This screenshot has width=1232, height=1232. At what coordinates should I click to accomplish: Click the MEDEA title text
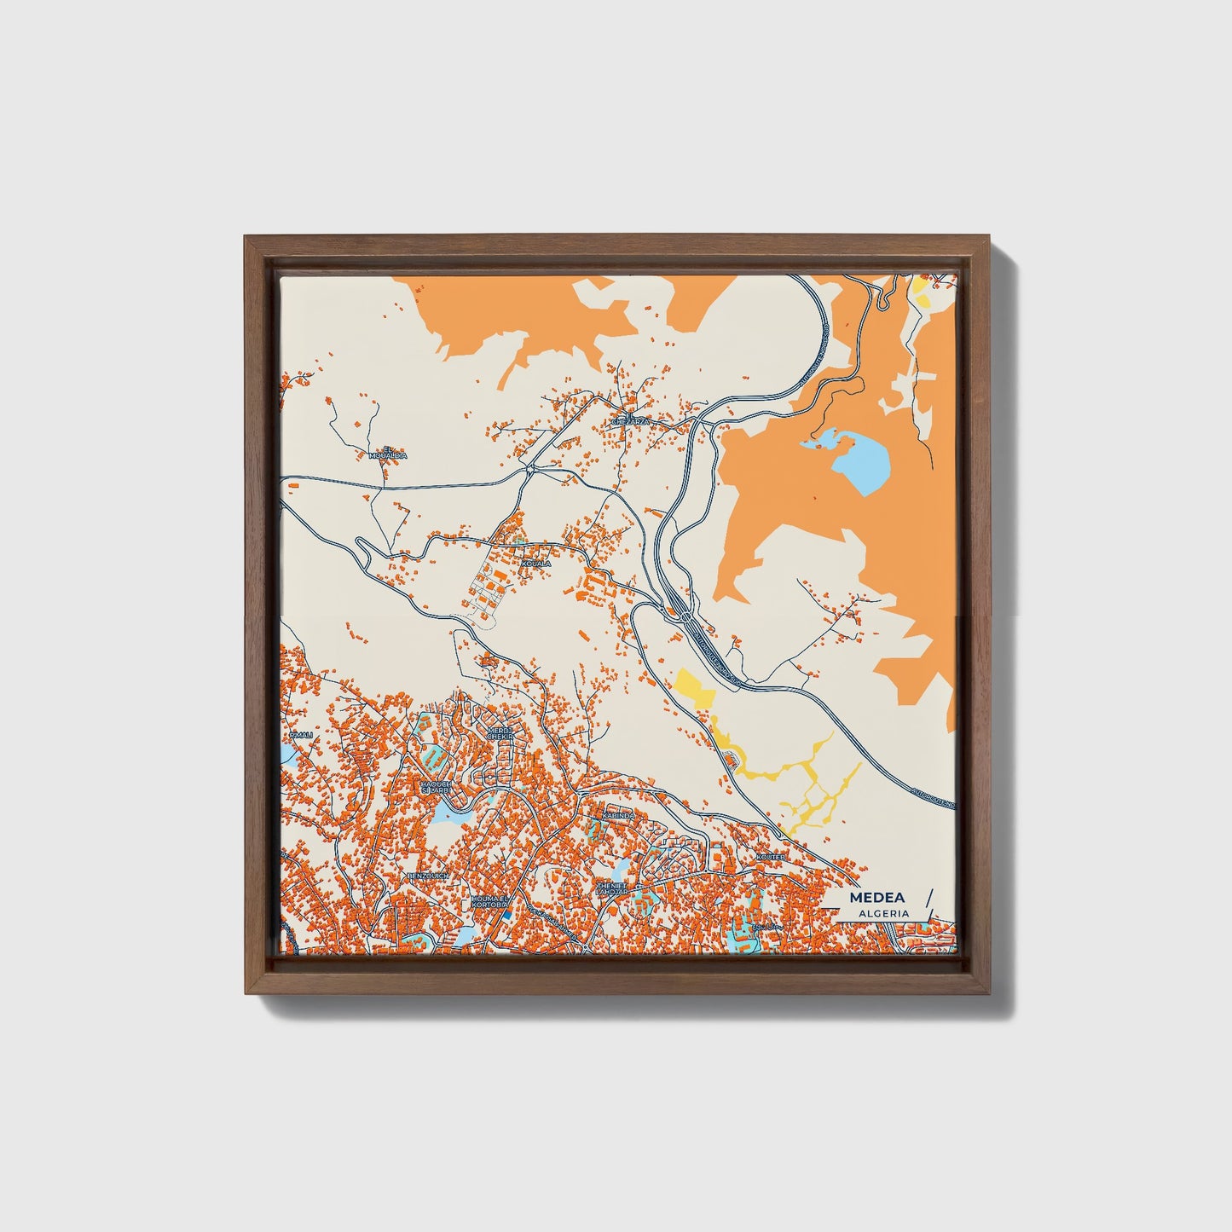tap(876, 898)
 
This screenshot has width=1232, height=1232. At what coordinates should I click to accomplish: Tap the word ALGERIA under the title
tap(883, 913)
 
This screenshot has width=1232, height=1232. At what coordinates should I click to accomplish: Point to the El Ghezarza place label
tap(631, 418)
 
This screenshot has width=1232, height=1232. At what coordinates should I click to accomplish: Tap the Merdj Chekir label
tap(500, 733)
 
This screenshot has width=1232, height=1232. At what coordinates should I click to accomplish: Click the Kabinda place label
tap(618, 816)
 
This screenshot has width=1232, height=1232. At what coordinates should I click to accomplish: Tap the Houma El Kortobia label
tap(489, 901)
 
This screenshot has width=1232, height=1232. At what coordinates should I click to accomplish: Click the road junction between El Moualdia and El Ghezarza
tap(530, 467)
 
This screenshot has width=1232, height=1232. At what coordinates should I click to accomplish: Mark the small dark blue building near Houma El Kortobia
tap(505, 915)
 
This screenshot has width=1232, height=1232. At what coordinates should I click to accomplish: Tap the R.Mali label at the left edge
tap(300, 734)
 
